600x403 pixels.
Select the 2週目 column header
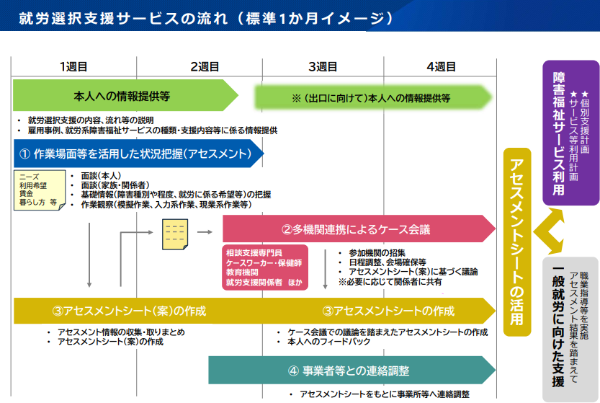(x=205, y=67)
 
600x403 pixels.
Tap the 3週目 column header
(x=323, y=67)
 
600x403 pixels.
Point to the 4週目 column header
(x=441, y=67)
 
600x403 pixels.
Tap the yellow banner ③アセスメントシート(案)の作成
(x=130, y=311)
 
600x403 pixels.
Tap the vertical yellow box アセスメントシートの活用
(x=516, y=242)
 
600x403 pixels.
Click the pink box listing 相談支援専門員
(x=264, y=267)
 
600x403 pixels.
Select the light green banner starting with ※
(x=371, y=97)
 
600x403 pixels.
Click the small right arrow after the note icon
(x=205, y=232)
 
